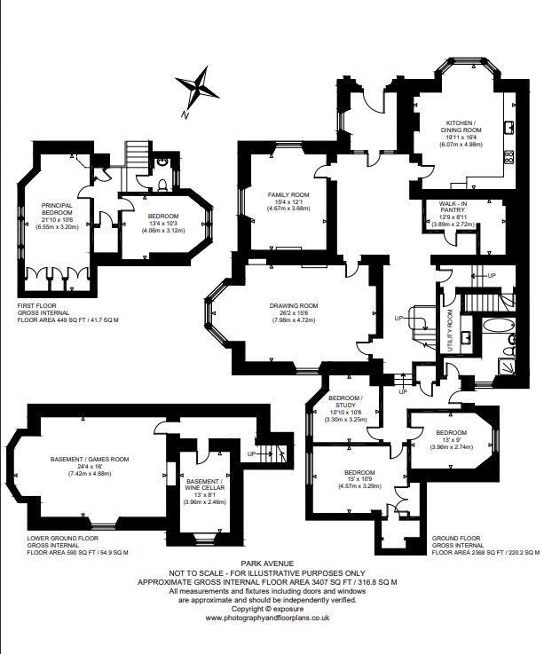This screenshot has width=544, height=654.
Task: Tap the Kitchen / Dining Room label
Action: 461,126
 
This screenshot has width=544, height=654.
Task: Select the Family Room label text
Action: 288,195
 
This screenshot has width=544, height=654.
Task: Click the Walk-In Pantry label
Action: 453,207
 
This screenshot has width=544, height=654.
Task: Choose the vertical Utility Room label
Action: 450,330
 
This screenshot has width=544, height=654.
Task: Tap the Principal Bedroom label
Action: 57,209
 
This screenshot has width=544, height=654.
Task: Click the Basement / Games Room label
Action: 90,459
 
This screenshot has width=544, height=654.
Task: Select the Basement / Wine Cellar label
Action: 204,485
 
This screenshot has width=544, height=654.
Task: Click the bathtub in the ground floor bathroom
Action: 498,327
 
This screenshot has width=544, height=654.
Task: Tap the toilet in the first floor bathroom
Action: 163,184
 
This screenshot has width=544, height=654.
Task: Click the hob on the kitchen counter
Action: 509,157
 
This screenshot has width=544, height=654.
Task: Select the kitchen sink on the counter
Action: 509,127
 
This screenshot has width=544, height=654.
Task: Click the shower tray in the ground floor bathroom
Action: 508,367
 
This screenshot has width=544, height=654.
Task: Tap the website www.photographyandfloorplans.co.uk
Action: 267,618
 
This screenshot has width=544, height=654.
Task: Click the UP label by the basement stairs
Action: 251,453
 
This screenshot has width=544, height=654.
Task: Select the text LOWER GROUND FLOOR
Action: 63,538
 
